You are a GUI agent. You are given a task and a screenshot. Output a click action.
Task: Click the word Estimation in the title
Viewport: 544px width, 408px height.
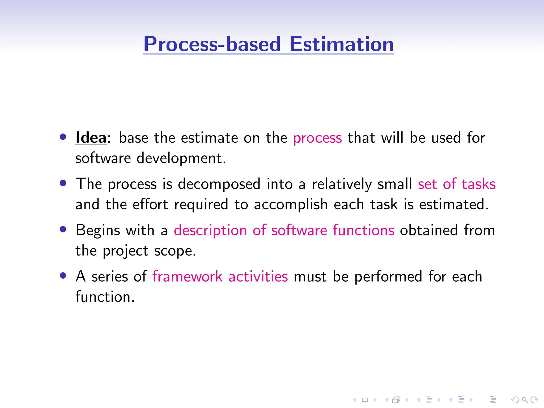point(342,44)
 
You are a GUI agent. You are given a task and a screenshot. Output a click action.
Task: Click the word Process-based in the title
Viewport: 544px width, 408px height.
point(212,44)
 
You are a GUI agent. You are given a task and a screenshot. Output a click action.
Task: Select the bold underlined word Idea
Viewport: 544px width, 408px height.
point(91,138)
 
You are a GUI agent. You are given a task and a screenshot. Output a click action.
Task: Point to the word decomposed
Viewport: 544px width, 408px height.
point(219,184)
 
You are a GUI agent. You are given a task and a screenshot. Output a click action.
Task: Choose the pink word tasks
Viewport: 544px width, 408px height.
point(478,184)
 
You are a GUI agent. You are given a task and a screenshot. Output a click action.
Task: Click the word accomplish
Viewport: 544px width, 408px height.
point(291,205)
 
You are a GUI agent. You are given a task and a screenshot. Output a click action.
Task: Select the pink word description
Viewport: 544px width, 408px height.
point(210,230)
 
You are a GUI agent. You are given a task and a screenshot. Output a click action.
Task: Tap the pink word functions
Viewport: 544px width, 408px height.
point(363,230)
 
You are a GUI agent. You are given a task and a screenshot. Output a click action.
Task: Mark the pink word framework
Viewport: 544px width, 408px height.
point(187,277)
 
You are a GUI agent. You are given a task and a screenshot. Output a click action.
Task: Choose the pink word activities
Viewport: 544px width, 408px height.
point(258,277)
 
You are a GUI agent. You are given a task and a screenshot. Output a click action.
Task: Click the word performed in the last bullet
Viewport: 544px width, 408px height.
point(388,277)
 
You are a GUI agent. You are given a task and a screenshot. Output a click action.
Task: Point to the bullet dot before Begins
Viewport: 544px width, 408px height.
point(63,229)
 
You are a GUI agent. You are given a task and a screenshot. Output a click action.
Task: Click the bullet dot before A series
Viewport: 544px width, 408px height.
point(63,275)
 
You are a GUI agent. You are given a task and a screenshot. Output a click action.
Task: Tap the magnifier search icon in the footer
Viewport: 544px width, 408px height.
point(525,400)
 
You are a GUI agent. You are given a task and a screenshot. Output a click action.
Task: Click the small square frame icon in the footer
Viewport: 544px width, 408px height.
point(365,400)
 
